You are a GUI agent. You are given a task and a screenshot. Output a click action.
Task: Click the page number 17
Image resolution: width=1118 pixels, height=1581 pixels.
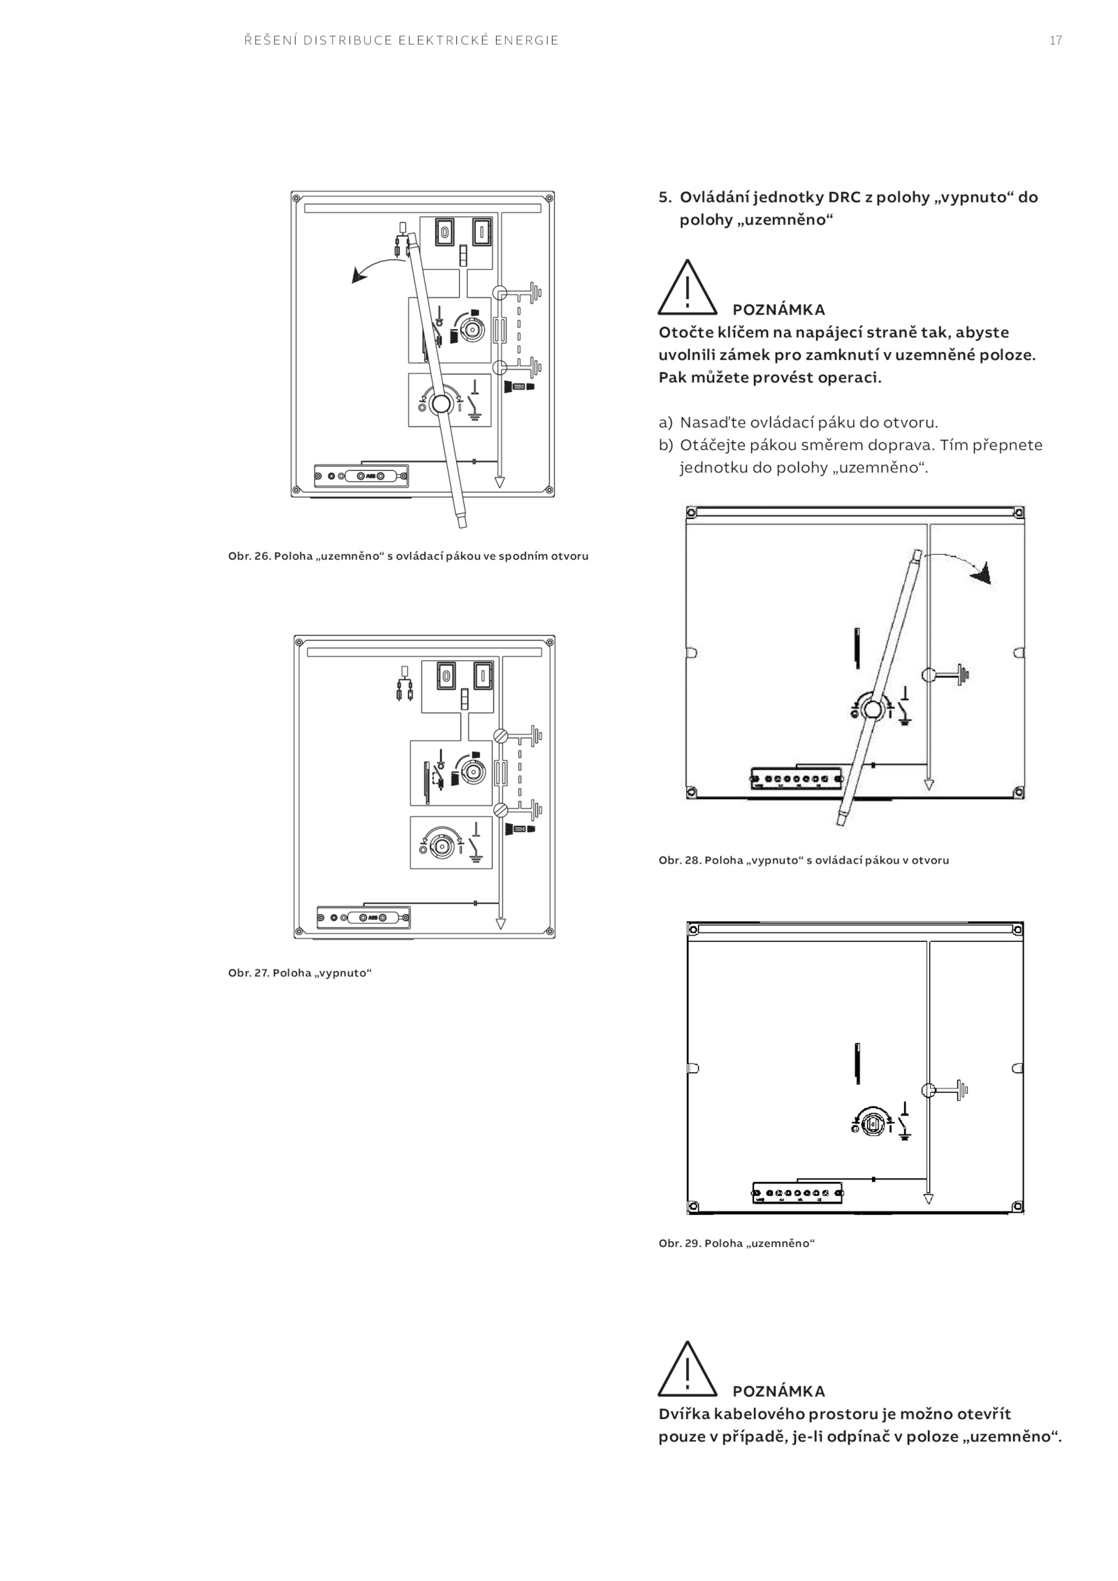(1056, 41)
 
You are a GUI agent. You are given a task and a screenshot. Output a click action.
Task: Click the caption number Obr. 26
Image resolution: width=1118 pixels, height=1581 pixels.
(249, 556)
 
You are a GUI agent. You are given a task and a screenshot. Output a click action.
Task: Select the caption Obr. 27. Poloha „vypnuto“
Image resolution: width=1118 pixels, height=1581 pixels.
(300, 972)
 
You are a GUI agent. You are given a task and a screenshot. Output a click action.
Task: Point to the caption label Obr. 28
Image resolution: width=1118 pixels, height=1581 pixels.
(679, 860)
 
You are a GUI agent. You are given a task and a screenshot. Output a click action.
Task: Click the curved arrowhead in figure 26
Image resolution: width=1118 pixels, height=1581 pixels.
(358, 277)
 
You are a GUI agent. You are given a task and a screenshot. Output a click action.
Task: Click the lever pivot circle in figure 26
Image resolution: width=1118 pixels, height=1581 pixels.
(441, 404)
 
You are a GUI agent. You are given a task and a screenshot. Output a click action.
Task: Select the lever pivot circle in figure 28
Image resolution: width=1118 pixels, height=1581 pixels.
(871, 711)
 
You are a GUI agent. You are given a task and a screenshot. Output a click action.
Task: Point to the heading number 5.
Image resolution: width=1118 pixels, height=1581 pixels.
(664, 197)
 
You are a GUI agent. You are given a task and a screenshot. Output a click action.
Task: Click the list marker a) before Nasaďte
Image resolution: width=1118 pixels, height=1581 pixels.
(665, 423)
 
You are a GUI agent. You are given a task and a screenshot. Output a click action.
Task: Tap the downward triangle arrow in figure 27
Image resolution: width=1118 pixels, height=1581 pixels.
(500, 924)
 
